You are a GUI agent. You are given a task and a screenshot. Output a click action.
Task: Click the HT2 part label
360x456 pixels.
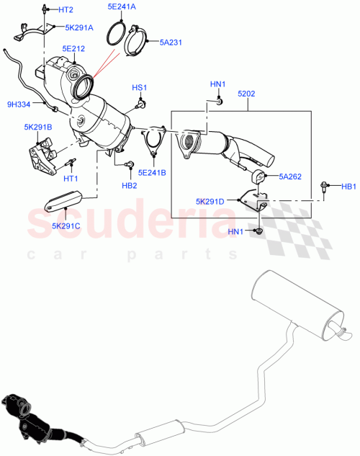click(x=66, y=10)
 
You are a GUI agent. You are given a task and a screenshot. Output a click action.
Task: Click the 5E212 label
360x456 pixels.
click(x=73, y=49)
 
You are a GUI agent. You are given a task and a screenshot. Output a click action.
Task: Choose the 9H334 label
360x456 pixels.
click(x=19, y=105)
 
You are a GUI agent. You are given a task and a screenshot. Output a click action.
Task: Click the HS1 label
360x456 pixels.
click(x=139, y=88)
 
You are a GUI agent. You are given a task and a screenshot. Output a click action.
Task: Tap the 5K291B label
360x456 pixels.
click(x=36, y=127)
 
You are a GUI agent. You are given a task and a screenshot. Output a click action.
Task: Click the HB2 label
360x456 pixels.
click(x=129, y=185)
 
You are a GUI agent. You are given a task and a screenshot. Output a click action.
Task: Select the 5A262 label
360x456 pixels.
click(x=290, y=176)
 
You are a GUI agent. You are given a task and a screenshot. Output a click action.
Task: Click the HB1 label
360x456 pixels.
click(x=348, y=187)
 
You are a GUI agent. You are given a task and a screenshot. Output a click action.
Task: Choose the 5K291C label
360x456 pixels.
click(x=66, y=226)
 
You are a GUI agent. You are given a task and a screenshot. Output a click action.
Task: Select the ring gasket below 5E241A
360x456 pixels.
click(x=121, y=35)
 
